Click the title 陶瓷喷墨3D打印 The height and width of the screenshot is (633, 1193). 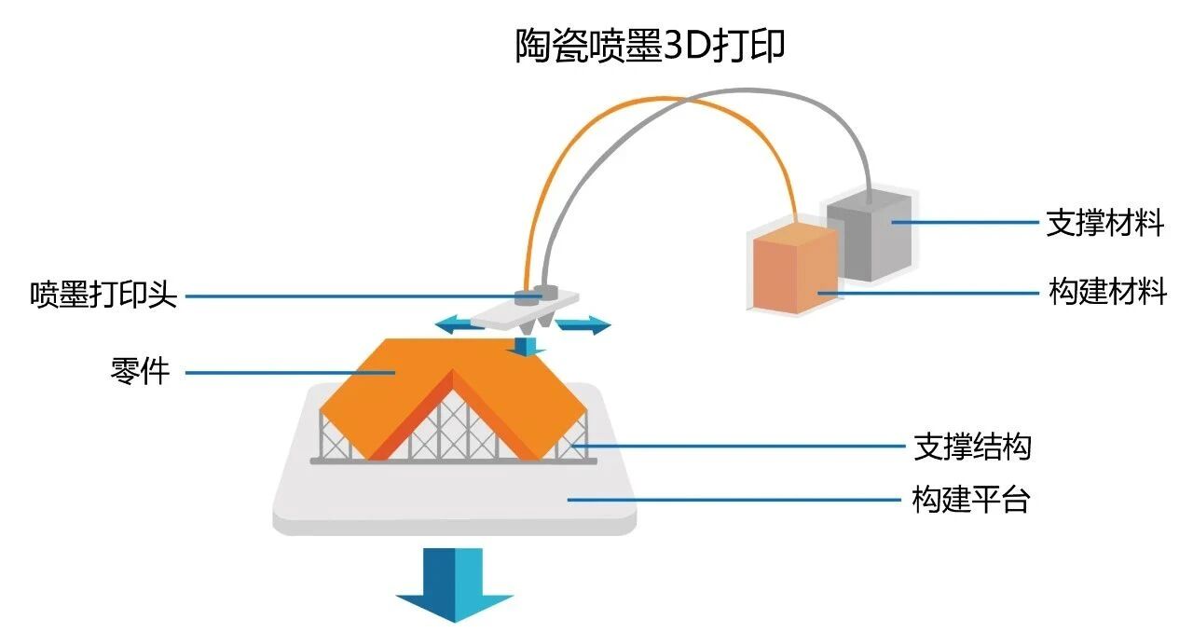coord(650,46)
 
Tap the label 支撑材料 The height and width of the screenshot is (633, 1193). coord(1105,223)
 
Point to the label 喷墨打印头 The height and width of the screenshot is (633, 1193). coord(103,294)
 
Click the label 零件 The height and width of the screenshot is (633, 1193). coord(140,371)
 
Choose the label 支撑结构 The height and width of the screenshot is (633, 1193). coord(973,447)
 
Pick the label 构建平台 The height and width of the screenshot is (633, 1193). coord(971,500)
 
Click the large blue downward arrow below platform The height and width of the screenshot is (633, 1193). coord(454,585)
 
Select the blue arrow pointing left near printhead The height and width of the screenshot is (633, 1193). coord(458,324)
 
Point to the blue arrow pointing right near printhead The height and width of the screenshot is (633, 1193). coord(583,324)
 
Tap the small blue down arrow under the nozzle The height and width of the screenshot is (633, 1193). coord(527,347)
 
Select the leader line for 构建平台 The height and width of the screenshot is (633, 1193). coord(734,500)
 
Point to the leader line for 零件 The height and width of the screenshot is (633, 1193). coord(290,373)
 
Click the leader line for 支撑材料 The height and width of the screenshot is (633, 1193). coord(965,222)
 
